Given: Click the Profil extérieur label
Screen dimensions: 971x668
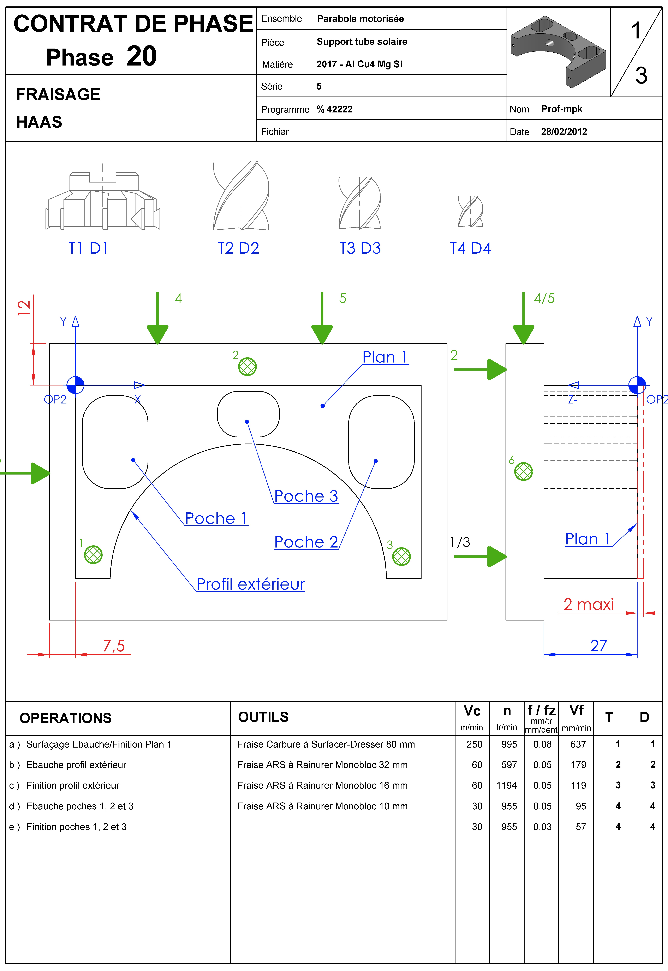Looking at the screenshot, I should pyautogui.click(x=250, y=584).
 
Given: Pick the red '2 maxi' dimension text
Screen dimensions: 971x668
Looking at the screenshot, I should pyautogui.click(x=589, y=604).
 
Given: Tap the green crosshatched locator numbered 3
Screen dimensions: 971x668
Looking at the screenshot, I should pyautogui.click(x=401, y=557).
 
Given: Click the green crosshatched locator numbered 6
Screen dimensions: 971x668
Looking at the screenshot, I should pyautogui.click(x=524, y=472).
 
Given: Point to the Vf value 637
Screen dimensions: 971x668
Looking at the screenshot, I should pyautogui.click(x=578, y=744).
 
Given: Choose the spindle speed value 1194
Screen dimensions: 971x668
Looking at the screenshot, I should pyautogui.click(x=506, y=785).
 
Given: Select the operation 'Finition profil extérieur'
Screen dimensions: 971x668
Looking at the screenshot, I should pyautogui.click(x=73, y=785).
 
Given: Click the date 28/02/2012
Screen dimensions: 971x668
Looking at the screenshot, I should pyautogui.click(x=564, y=132).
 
